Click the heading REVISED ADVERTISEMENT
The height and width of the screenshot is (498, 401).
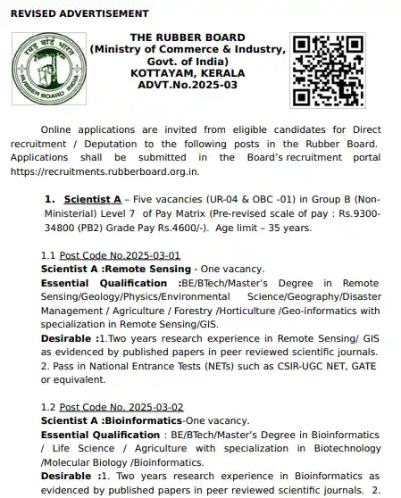(x=79, y=13)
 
